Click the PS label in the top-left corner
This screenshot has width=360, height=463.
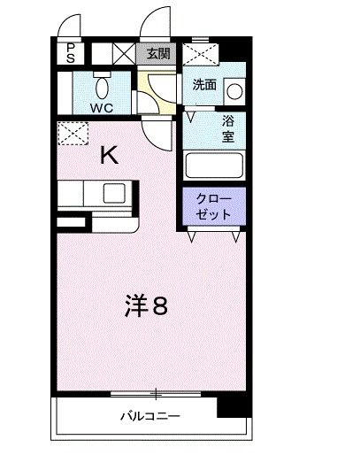click(x=70, y=52)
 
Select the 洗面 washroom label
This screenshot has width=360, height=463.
click(x=205, y=85)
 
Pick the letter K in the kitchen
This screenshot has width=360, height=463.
click(x=110, y=155)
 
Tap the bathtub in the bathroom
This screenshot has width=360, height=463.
click(x=213, y=166)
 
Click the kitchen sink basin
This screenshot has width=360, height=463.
click(x=114, y=193)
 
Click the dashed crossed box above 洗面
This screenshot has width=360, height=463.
click(x=203, y=56)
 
